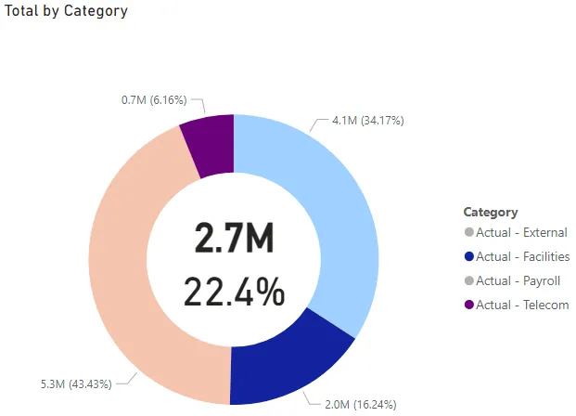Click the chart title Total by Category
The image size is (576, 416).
coord(66,12)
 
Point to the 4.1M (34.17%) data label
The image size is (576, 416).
coord(368,121)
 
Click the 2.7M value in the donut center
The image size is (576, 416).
coord(234,239)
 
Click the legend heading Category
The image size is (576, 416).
coord(491,212)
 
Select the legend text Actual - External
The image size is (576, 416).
coord(521,233)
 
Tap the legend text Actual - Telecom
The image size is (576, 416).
coord(522,305)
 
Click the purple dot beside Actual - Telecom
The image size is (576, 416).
coord(468,305)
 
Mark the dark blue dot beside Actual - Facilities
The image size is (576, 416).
coord(468,257)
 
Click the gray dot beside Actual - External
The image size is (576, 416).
coord(468,233)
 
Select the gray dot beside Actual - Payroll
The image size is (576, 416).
coord(468,281)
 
